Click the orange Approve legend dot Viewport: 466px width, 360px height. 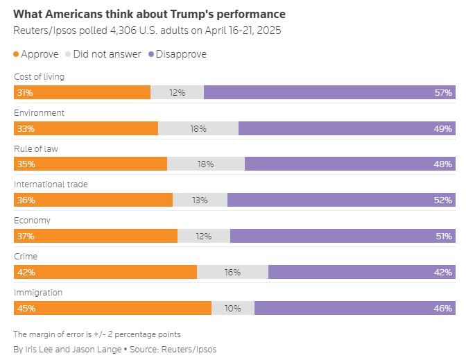[17, 54]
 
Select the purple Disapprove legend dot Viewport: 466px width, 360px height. [150, 54]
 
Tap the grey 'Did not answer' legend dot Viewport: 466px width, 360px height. [68, 54]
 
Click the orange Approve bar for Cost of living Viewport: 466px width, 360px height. [82, 92]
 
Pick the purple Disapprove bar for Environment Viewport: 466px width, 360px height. [347, 128]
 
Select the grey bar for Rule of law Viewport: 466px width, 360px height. [206, 164]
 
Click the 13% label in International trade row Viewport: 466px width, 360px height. [200, 200]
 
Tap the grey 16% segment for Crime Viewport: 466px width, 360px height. [232, 273]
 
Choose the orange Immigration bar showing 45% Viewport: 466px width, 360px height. [112, 309]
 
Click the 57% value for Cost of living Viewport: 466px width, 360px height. [444, 92]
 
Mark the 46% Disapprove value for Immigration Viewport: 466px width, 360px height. [444, 309]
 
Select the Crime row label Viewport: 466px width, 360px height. [26, 257]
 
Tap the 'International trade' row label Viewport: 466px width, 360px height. [51, 185]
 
